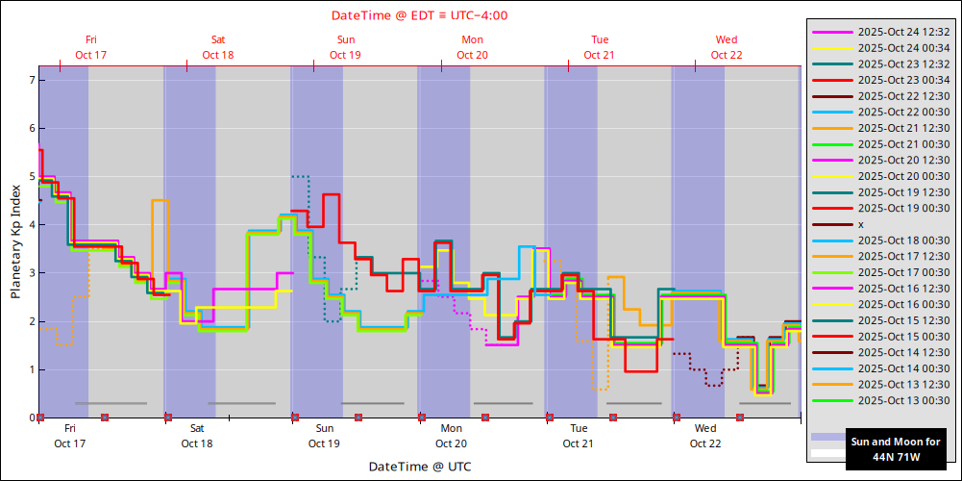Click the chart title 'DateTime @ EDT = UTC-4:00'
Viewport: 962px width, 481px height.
[x=419, y=15]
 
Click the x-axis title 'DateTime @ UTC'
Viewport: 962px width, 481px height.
[x=419, y=466]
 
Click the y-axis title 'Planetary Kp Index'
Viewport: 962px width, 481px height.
[x=15, y=241]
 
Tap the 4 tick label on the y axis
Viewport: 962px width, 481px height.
[x=31, y=225]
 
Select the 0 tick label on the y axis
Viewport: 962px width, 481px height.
[x=31, y=418]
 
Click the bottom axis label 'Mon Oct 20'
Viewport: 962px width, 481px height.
[x=451, y=436]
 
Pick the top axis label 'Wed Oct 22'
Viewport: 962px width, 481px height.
[x=727, y=47]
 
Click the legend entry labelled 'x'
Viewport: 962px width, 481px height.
[x=860, y=224]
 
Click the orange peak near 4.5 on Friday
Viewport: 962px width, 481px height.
[x=160, y=200]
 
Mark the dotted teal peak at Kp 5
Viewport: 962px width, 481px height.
[x=301, y=176]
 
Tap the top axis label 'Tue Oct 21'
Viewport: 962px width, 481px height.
[x=600, y=47]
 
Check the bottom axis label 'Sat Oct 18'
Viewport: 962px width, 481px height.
[x=196, y=436]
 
